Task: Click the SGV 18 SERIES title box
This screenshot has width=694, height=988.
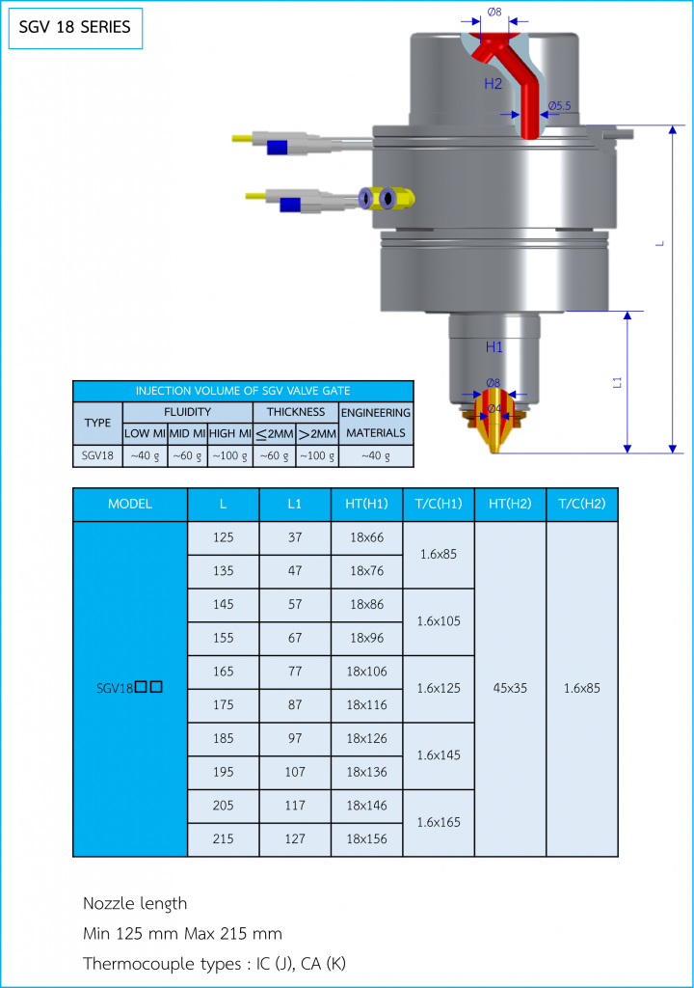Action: point(75,28)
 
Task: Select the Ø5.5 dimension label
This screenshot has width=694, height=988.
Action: point(559,106)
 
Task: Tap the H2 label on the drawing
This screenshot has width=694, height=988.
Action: point(494,84)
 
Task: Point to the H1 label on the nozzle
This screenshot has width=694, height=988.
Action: point(494,347)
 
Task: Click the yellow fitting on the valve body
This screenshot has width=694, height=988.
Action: point(387,199)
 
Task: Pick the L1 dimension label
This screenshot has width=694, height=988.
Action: point(617,382)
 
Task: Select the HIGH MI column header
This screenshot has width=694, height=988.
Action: point(229,433)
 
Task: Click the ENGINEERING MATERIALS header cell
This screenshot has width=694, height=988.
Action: point(376,423)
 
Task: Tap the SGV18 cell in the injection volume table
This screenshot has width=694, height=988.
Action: point(97,455)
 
